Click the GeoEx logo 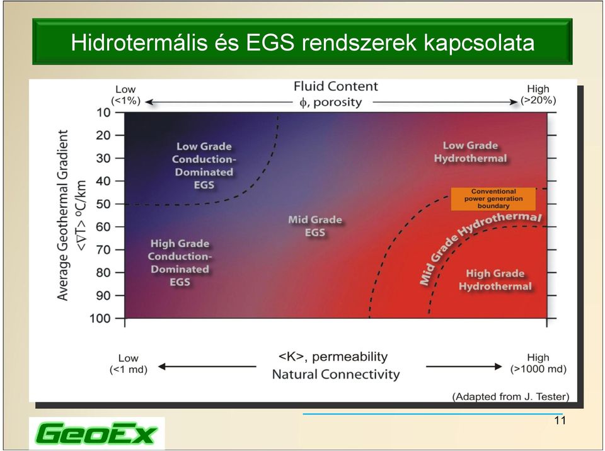tap(97, 433)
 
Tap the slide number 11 tap(560, 421)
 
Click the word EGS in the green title tap(270, 42)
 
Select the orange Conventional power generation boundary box tap(493, 199)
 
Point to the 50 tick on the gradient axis tap(119, 203)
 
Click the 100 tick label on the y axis tap(100, 319)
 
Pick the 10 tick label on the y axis tap(103, 113)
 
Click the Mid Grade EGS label tap(315, 226)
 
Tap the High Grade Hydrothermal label tap(495, 280)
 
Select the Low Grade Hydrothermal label tap(470, 152)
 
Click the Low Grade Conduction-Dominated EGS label tap(204, 166)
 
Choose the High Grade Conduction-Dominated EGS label tap(180, 263)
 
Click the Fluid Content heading tap(336, 86)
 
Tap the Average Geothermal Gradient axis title tap(62, 215)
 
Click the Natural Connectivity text tap(336, 374)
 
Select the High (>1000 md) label tap(538, 363)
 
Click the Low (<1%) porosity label tap(126, 95)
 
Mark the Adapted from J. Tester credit tap(511, 397)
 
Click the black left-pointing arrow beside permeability tap(207, 367)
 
